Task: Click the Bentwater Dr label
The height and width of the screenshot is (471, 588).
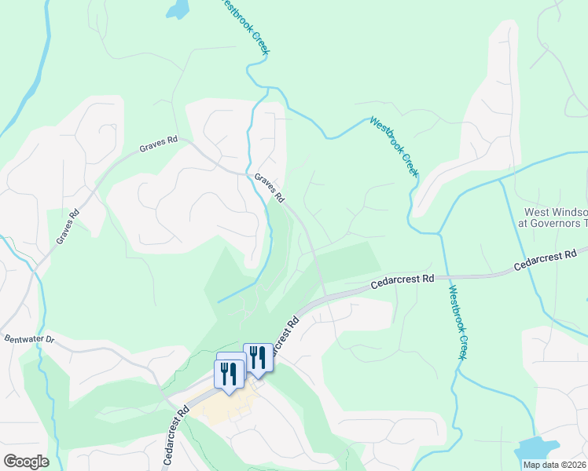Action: coord(29,339)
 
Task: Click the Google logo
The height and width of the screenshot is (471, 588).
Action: coord(26,461)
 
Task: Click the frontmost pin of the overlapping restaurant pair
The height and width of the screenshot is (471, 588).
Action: coord(228,374)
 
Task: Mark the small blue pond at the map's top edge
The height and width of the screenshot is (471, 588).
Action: coord(178,9)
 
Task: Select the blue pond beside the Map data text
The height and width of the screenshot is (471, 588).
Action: coord(535,449)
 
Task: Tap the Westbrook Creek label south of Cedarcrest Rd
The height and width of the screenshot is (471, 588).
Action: coord(458,322)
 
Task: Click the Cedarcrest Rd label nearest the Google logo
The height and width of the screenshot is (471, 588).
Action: coord(176,435)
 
